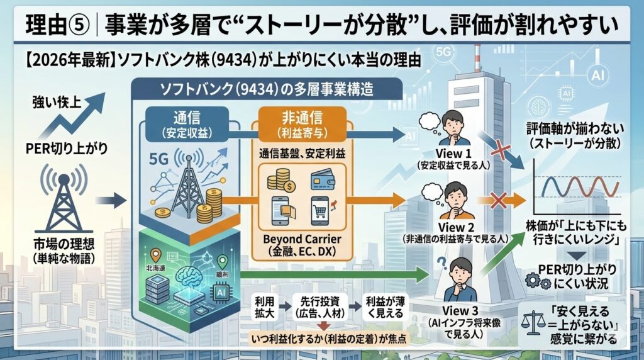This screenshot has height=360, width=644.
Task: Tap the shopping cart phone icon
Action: (321, 211)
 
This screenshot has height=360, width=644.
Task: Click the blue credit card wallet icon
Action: (321, 180)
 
